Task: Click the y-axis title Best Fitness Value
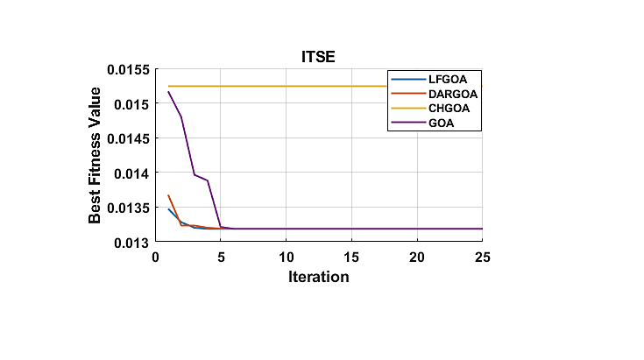coord(96,155)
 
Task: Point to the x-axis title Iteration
coord(319,277)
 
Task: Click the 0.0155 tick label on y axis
coord(128,69)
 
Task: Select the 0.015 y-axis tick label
coord(131,103)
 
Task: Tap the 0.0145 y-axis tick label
coord(128,138)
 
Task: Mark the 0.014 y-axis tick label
coord(131,173)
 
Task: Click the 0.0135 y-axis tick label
coord(128,208)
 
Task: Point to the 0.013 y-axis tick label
coord(131,242)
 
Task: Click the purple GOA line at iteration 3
coord(195,174)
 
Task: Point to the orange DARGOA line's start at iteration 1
coord(168,195)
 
